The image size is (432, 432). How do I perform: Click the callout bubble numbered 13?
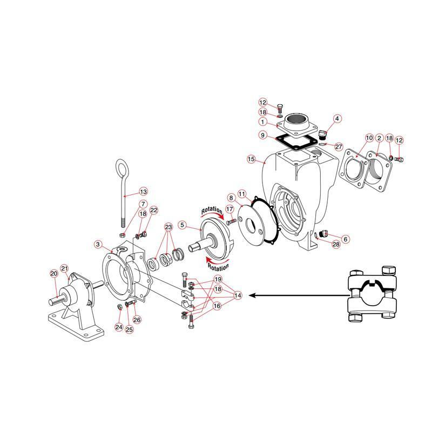pyautogui.click(x=143, y=192)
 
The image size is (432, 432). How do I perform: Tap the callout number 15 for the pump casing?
pyautogui.click(x=251, y=159)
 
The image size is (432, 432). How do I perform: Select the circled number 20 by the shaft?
pyautogui.click(x=54, y=273)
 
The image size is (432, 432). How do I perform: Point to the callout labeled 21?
pyautogui.click(x=64, y=268)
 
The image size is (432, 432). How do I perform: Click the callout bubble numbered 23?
pyautogui.click(x=168, y=227)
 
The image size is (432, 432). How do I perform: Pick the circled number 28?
pyautogui.click(x=336, y=244)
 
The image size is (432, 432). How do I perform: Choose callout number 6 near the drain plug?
pyautogui.click(x=346, y=239)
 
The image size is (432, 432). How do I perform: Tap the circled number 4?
pyautogui.click(x=337, y=119)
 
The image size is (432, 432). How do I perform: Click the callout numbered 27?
pyautogui.click(x=339, y=146)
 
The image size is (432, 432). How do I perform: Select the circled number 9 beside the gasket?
pyautogui.click(x=262, y=135)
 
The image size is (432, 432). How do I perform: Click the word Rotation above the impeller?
pyautogui.click(x=212, y=211)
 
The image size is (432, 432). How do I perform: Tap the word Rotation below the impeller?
pyautogui.click(x=218, y=267)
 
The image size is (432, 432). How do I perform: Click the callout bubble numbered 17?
pyautogui.click(x=230, y=209)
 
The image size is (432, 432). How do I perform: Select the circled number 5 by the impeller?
pyautogui.click(x=182, y=225)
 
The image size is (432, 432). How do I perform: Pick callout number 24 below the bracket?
pyautogui.click(x=119, y=327)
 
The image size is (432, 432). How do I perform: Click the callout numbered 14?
pyautogui.click(x=238, y=295)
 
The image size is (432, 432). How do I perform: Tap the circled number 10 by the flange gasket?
pyautogui.click(x=369, y=138)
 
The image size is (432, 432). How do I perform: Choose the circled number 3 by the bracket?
pyautogui.click(x=98, y=244)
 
